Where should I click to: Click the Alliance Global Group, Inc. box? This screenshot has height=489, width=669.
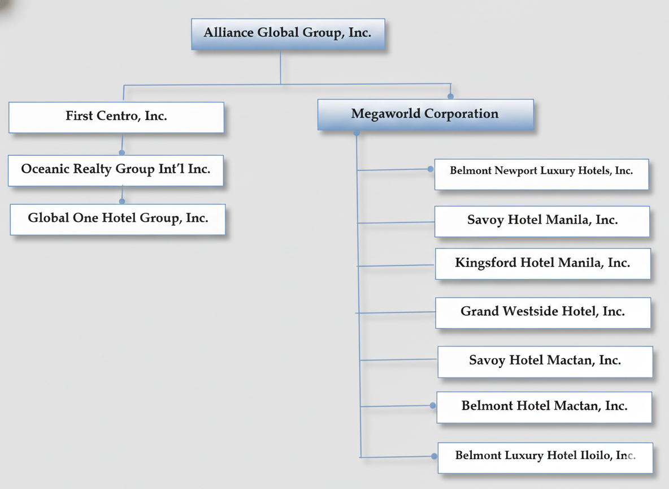[288, 33]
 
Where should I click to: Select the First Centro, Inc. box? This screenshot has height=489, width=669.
[116, 117]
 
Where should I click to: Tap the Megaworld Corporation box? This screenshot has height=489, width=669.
[425, 114]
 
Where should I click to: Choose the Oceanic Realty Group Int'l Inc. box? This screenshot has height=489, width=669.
[116, 170]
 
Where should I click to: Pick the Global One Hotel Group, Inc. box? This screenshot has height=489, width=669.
[118, 219]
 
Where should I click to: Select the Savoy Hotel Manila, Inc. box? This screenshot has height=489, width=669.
[542, 221]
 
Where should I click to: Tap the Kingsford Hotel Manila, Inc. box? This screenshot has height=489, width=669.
[542, 263]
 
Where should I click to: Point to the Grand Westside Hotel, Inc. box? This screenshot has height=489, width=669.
[542, 312]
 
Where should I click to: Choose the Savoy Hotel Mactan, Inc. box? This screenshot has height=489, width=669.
[545, 361]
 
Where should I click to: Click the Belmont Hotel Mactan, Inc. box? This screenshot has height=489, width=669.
[544, 406]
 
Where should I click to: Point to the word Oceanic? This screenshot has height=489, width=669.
[45, 169]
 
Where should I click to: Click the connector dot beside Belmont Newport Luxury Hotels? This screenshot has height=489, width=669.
[431, 169]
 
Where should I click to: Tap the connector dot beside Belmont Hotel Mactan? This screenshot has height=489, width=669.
[433, 405]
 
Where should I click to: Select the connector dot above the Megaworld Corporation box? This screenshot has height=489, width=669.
[450, 96]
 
